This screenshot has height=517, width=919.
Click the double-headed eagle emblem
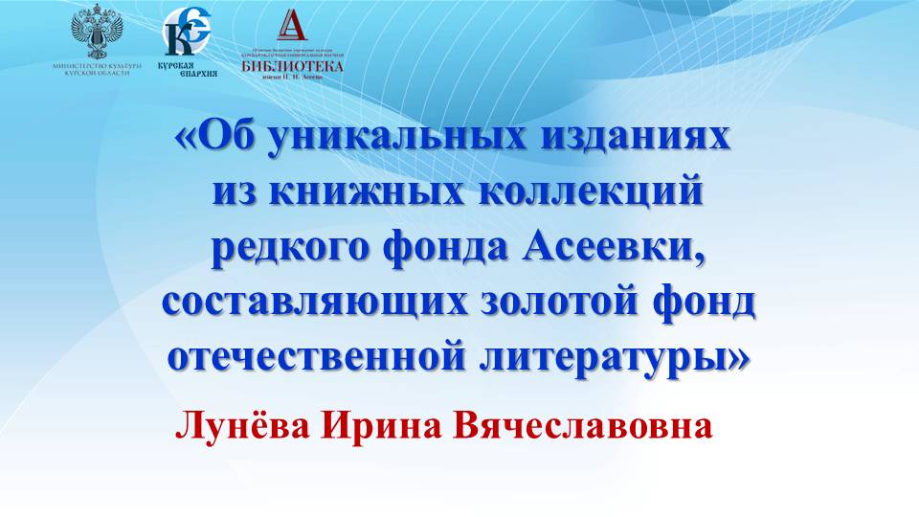pyautogui.click(x=99, y=31)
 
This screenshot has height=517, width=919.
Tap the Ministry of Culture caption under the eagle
pyautogui.click(x=99, y=69)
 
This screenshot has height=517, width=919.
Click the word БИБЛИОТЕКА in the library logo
pyautogui.click(x=292, y=65)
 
